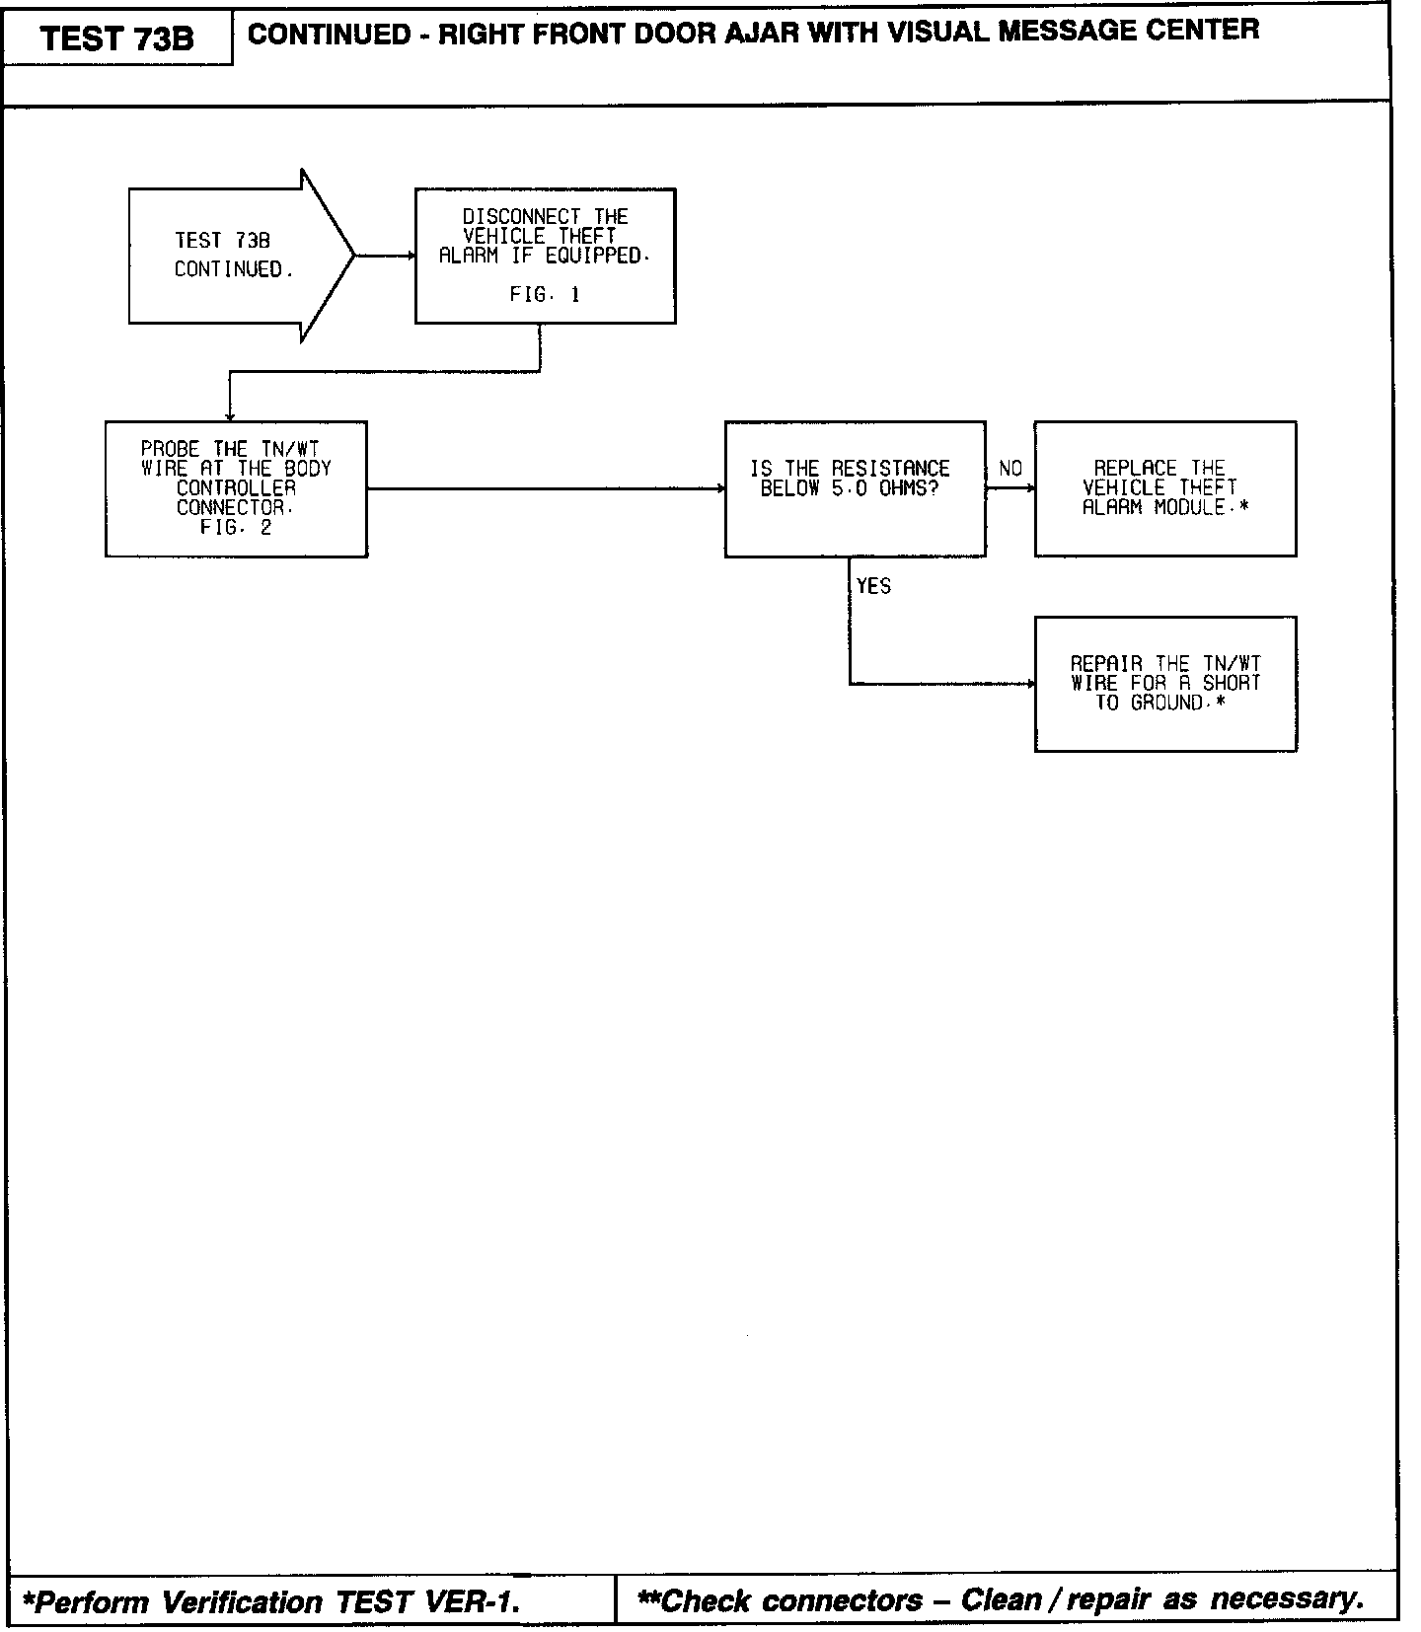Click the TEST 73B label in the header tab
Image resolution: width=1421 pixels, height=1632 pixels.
point(117,38)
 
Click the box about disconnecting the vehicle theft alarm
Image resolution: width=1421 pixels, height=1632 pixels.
point(545,256)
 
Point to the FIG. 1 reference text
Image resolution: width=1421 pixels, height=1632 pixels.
point(545,294)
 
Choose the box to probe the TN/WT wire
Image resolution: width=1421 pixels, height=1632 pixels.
point(236,488)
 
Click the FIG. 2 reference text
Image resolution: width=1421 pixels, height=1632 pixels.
point(236,527)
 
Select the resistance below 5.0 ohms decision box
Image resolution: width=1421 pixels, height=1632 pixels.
point(855,488)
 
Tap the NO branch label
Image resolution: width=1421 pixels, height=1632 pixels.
point(1010,469)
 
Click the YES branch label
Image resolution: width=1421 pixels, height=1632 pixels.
point(873,586)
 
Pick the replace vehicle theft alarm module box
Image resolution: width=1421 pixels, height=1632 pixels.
point(1164,488)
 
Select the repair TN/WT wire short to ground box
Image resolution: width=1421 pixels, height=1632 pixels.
point(1164,684)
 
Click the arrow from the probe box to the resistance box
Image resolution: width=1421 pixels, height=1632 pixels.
point(546,487)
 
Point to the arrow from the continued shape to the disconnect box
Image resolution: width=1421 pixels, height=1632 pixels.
point(385,256)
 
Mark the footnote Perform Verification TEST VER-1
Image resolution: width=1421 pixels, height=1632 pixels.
point(271,1600)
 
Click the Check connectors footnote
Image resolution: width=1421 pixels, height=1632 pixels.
point(1001,1598)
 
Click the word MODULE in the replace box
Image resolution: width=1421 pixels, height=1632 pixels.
point(1189,508)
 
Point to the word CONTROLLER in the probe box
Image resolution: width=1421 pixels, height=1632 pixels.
point(236,488)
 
